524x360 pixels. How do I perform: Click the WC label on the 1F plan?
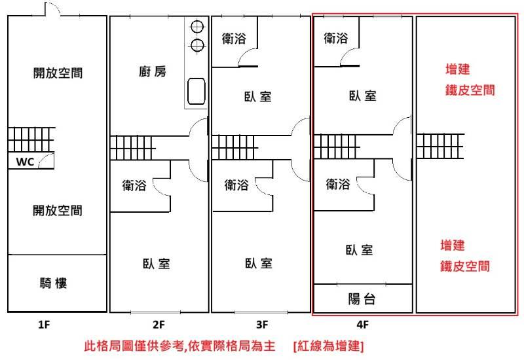[25, 162]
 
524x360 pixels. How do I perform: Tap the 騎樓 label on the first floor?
[54, 283]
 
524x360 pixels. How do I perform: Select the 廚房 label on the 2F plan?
[153, 71]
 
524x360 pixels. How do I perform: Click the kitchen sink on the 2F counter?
[196, 91]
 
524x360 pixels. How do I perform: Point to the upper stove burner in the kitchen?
[197, 27]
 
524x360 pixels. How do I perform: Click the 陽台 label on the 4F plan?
[362, 299]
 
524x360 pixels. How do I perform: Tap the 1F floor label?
[44, 324]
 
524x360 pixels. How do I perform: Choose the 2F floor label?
[159, 324]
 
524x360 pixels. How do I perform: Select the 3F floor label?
[262, 324]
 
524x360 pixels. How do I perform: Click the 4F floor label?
[362, 324]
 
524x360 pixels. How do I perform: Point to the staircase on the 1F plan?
[31, 139]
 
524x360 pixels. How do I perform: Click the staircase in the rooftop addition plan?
[440, 146]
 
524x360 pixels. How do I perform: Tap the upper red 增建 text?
[458, 69]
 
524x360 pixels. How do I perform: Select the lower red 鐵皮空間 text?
[465, 266]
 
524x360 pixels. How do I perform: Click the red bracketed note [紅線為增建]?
[329, 346]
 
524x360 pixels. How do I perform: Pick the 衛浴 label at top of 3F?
[234, 39]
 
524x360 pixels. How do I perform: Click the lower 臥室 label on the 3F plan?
[258, 263]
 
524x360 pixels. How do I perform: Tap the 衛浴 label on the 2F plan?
[134, 185]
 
